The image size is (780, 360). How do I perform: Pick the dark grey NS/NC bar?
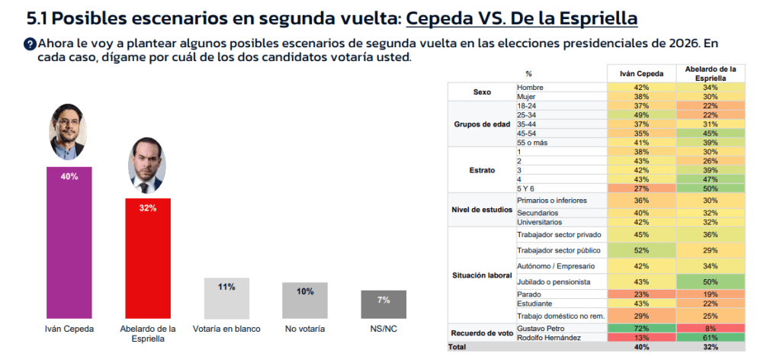(x=383, y=304)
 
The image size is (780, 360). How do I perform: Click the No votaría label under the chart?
(x=304, y=329)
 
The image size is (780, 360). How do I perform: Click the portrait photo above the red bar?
(x=146, y=164)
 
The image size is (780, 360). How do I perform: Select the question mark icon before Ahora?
(x=30, y=43)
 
